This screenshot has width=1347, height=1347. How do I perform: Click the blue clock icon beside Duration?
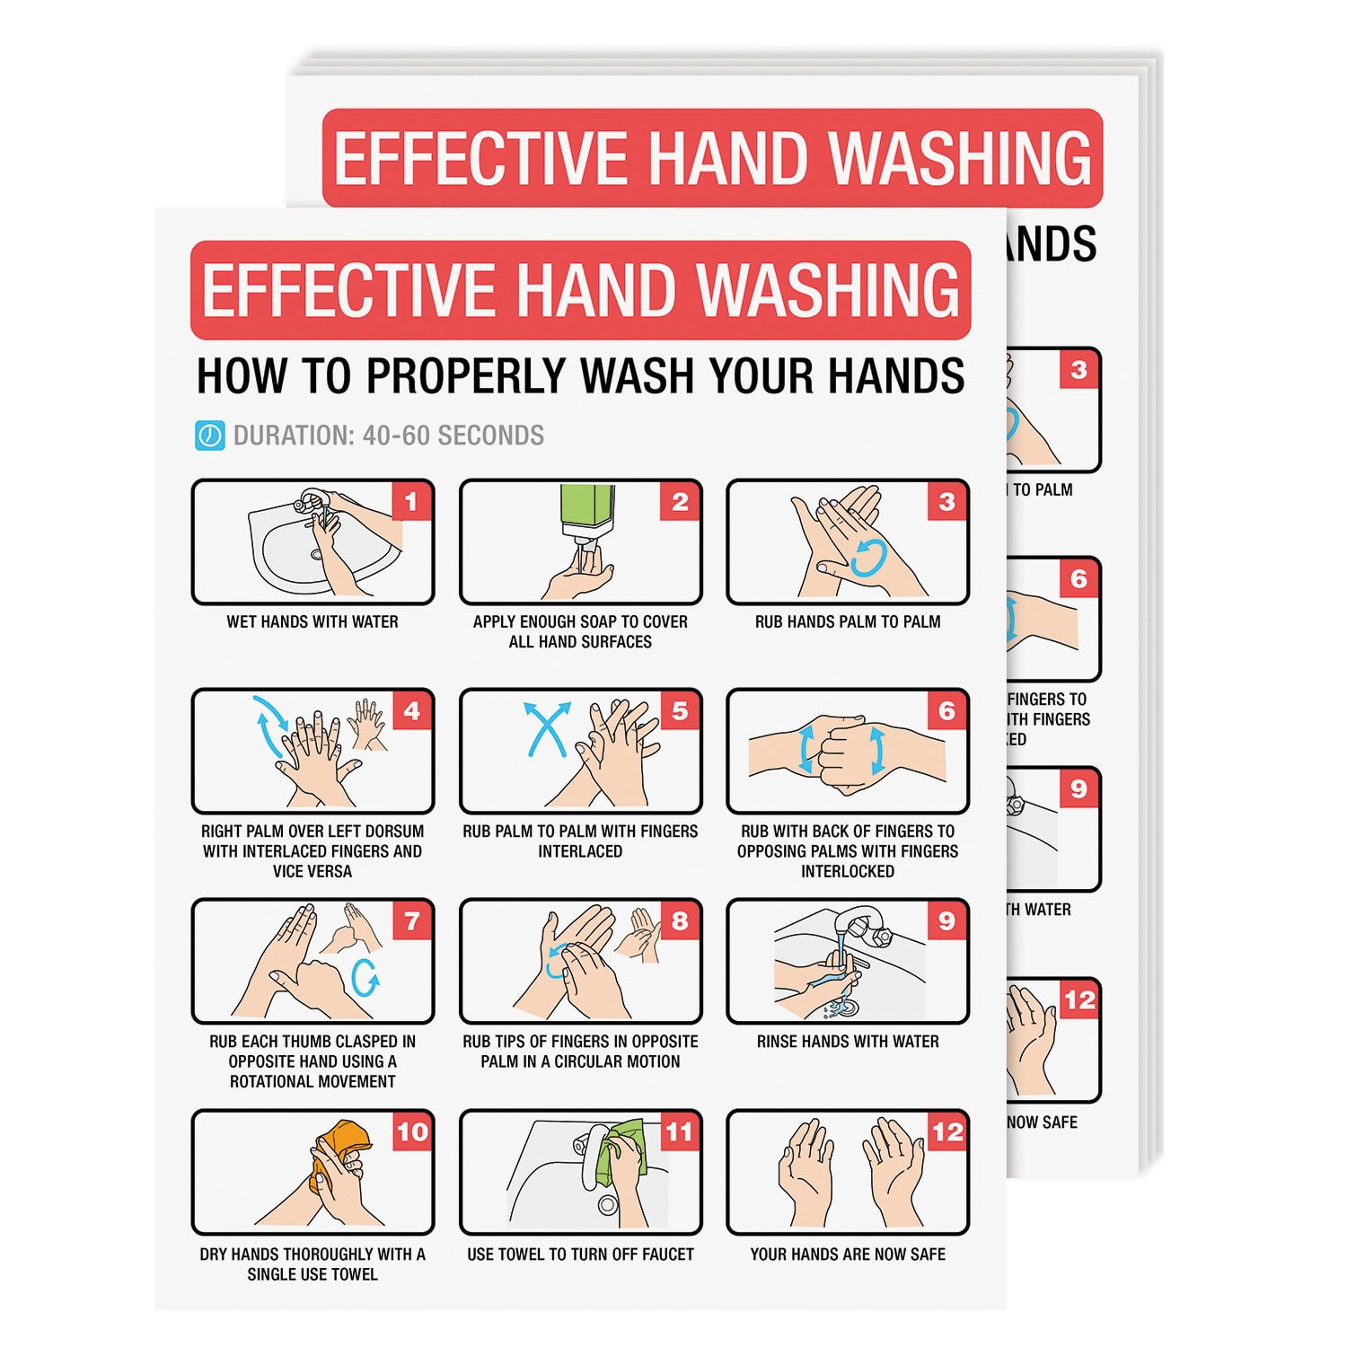click(209, 436)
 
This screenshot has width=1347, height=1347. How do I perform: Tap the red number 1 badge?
click(411, 501)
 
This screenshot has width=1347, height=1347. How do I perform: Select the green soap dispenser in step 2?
click(587, 512)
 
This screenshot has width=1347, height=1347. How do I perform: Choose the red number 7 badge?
click(411, 920)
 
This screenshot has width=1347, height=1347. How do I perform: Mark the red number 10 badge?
click(411, 1131)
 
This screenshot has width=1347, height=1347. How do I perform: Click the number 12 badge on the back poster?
click(1079, 999)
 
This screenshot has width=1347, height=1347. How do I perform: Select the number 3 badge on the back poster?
click(1079, 369)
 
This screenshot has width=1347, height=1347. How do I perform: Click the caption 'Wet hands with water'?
click(312, 621)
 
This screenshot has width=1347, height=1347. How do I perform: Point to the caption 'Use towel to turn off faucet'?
click(580, 1255)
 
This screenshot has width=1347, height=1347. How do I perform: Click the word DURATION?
click(293, 436)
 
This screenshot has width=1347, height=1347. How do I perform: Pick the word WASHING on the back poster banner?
click(958, 158)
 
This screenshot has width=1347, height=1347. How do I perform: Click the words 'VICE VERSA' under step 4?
click(312, 871)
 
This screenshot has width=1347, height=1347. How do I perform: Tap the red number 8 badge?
click(680, 920)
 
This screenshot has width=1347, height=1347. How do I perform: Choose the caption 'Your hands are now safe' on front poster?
click(848, 1255)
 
